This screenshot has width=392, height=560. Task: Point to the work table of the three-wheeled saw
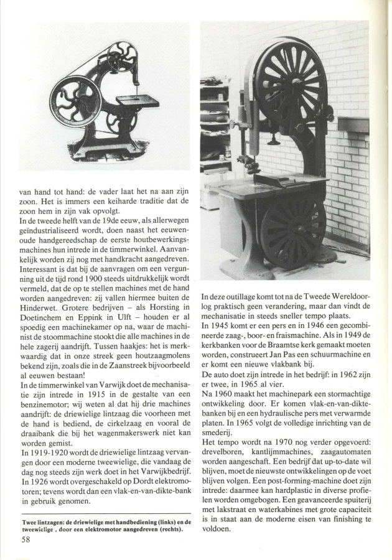coord(137,99)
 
